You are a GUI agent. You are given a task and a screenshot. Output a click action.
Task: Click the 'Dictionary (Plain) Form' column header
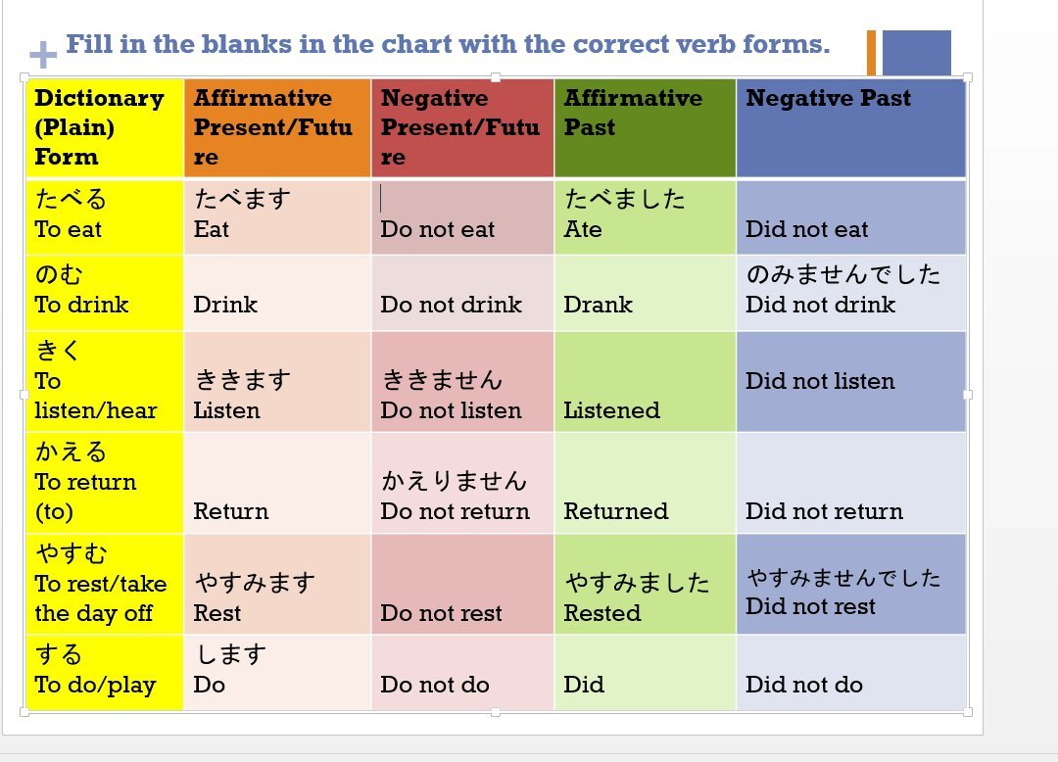pyautogui.click(x=104, y=127)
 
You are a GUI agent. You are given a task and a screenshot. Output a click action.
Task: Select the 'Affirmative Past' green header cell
pyautogui.click(x=644, y=127)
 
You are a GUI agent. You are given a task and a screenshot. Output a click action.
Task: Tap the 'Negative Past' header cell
pyautogui.click(x=849, y=127)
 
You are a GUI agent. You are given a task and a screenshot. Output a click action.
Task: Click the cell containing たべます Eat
pyautogui.click(x=276, y=216)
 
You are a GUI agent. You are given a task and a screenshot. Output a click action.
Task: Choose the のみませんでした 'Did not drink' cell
pyautogui.click(x=849, y=291)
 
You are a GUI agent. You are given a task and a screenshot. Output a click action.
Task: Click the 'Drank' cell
pyautogui.click(x=644, y=293)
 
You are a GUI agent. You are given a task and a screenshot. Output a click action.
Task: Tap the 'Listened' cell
pyautogui.click(x=644, y=382)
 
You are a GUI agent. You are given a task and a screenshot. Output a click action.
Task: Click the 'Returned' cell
pyautogui.click(x=644, y=484)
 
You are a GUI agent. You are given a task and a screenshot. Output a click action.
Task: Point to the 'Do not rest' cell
pyautogui.click(x=461, y=585)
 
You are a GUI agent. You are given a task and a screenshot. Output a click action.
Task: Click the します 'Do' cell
pyautogui.click(x=276, y=670)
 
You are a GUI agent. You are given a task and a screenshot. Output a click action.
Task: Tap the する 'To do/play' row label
pyautogui.click(x=104, y=670)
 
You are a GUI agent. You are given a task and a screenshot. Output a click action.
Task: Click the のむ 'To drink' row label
pyautogui.click(x=104, y=291)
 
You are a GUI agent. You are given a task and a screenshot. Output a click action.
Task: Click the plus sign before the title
pyautogui.click(x=42, y=54)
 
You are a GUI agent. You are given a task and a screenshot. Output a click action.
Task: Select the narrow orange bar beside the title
pyautogui.click(x=871, y=52)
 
